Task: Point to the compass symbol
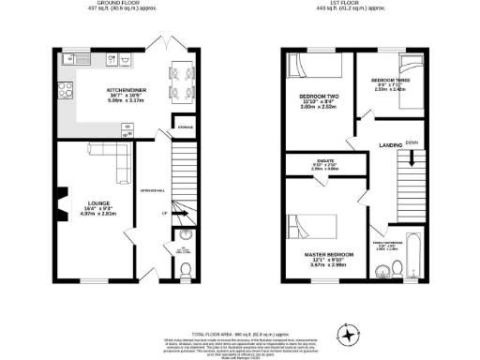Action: (x=350, y=332)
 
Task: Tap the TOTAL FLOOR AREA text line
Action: (x=239, y=307)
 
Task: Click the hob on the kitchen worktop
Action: (x=67, y=92)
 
